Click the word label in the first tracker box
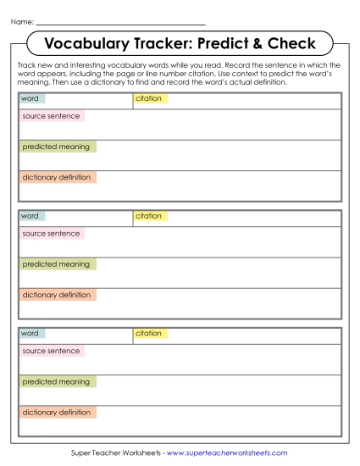click(x=30, y=99)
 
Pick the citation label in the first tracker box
click(x=149, y=99)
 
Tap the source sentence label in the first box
click(x=51, y=116)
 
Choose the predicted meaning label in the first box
click(x=56, y=147)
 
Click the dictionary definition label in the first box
click(x=57, y=178)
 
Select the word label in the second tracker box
click(x=30, y=216)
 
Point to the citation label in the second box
click(x=149, y=216)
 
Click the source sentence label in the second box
click(x=51, y=234)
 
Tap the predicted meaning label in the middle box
click(x=56, y=264)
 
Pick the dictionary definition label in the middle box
click(x=57, y=295)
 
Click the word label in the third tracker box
click(x=30, y=334)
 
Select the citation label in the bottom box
click(x=149, y=334)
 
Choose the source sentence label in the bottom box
click(x=51, y=351)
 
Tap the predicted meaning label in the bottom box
click(x=56, y=382)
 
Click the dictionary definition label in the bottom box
click(x=57, y=413)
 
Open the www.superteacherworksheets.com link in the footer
click(x=227, y=453)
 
